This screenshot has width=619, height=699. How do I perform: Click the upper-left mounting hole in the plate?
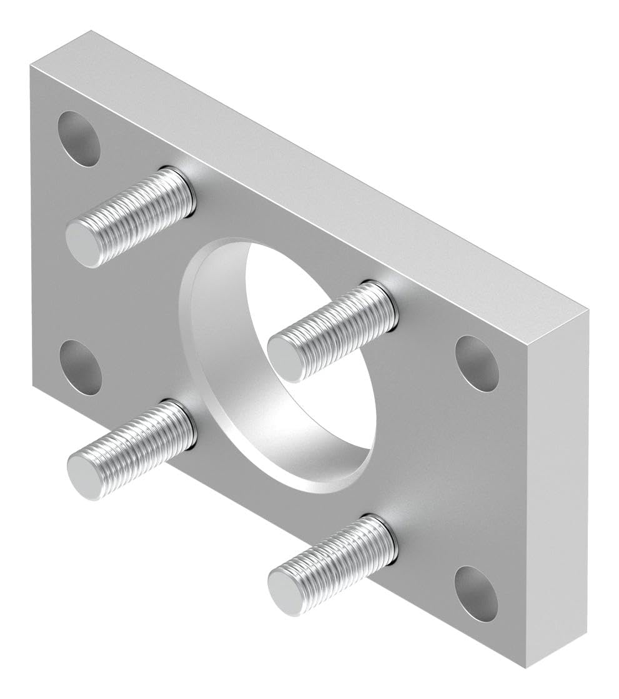pos(79,138)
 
